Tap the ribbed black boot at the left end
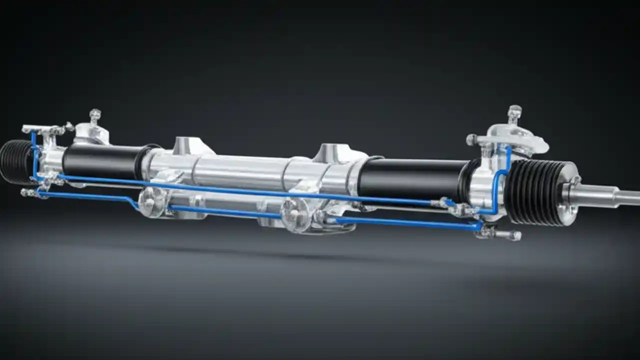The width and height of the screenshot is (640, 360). tap(15, 161)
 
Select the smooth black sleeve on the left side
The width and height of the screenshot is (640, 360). tap(100, 161)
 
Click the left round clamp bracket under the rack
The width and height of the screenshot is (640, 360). tap(148, 202)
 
